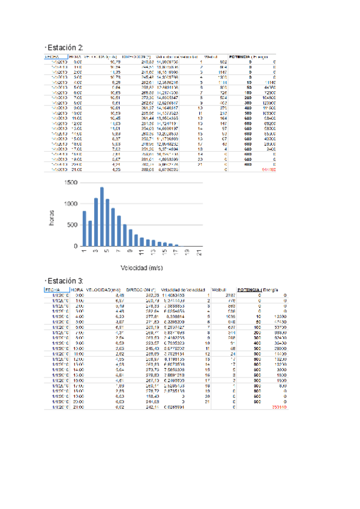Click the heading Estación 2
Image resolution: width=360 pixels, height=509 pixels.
pyautogui.click(x=64, y=47)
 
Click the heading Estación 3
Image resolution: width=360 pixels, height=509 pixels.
pyautogui.click(x=64, y=281)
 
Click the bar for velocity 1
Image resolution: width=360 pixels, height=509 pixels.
pyautogui.click(x=85, y=229)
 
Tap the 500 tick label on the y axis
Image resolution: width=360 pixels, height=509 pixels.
pyautogui.click(x=71, y=225)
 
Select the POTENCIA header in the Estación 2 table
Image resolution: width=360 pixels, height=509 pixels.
pyautogui.click(x=244, y=57)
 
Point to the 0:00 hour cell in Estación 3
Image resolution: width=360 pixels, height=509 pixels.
pyautogui.click(x=79, y=295)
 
